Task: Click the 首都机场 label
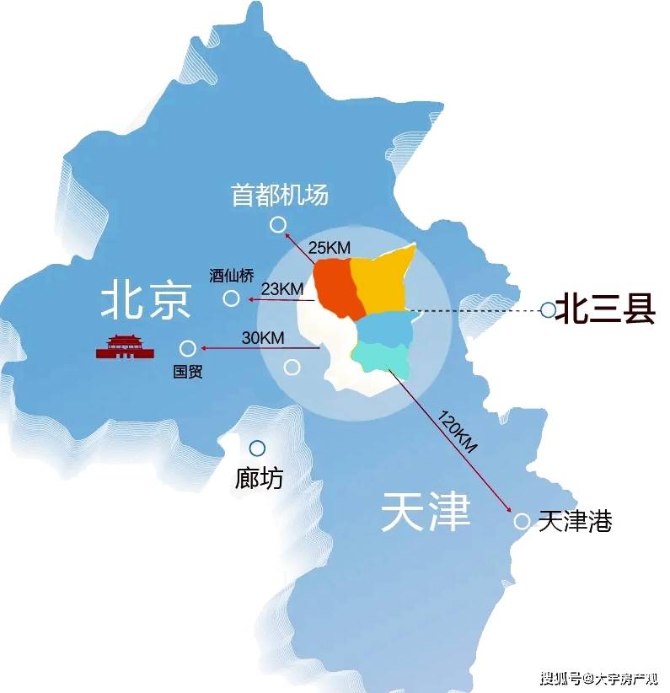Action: tap(279, 196)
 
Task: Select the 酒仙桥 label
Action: tap(230, 276)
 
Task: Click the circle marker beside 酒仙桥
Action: tap(231, 298)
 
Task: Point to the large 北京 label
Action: tap(147, 299)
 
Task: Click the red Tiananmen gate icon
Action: tap(126, 346)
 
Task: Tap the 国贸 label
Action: tap(187, 372)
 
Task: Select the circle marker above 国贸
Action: tap(187, 348)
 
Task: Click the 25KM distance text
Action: tap(329, 248)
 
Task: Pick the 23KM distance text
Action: tap(281, 289)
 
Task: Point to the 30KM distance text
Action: tap(262, 337)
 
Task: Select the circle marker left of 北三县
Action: tap(548, 310)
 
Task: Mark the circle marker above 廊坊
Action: tap(257, 449)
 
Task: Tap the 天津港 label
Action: tap(575, 521)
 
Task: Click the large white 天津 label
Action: tap(425, 512)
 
